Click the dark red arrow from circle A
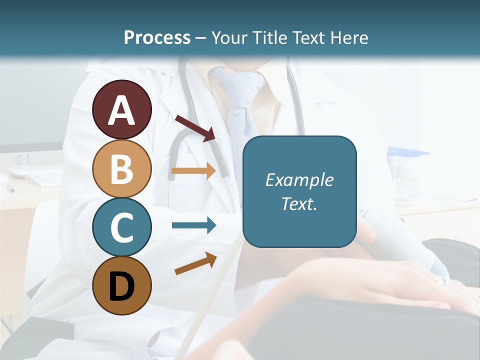click(x=195, y=128)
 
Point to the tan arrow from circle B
click(x=193, y=170)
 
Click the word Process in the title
click(x=157, y=37)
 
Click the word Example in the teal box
click(x=299, y=180)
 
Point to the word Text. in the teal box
click(x=299, y=203)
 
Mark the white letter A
click(x=121, y=110)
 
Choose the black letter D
click(x=121, y=286)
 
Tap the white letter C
click(x=121, y=227)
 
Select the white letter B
click(x=121, y=168)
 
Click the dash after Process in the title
click(x=201, y=38)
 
